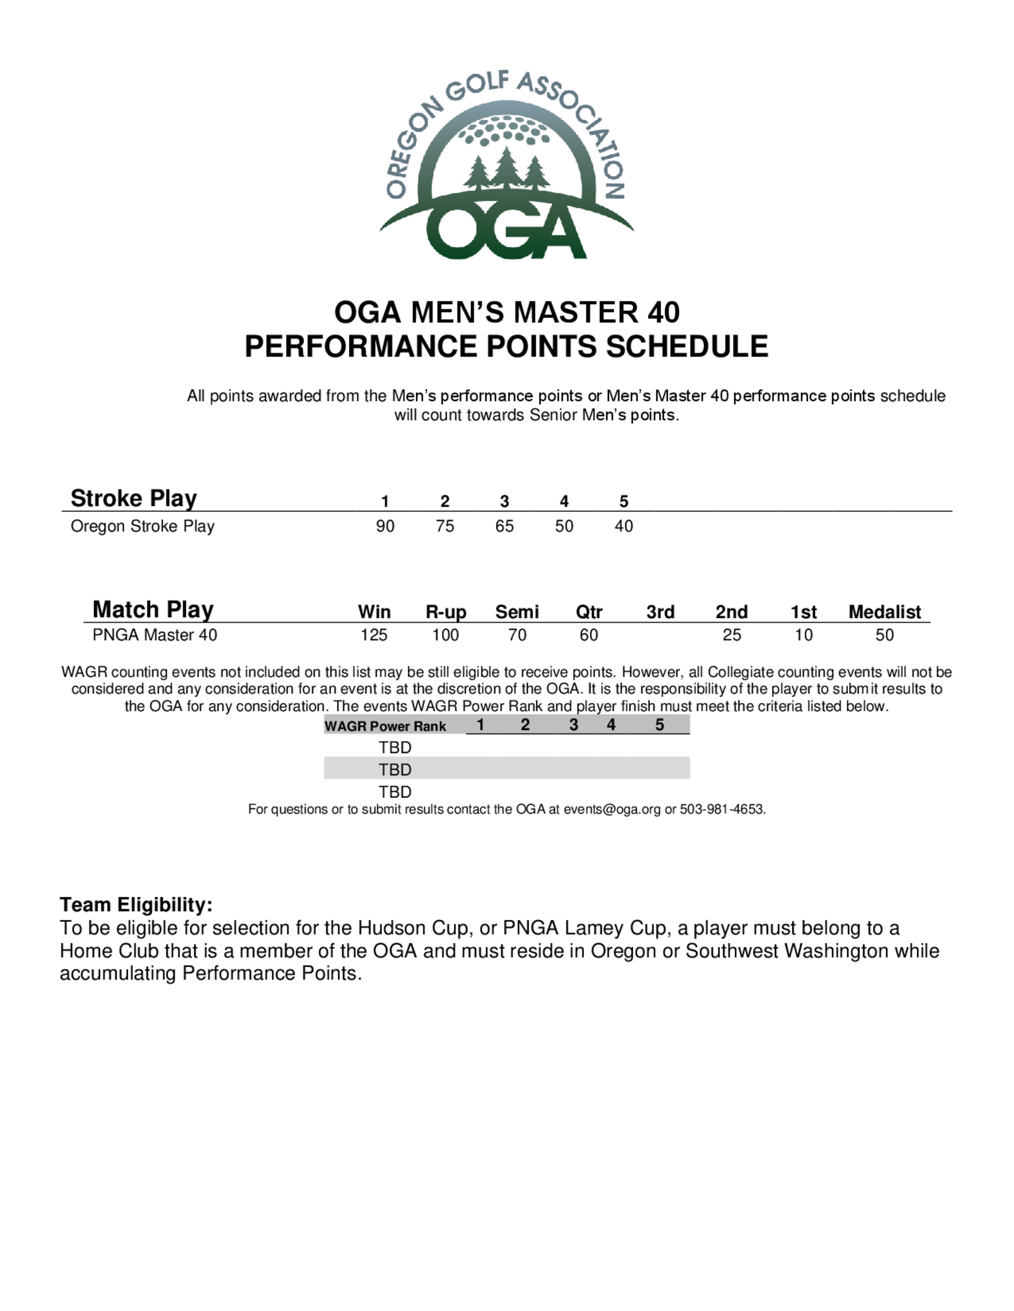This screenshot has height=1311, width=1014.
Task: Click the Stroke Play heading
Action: (x=133, y=498)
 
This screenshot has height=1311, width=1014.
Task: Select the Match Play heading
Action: (x=153, y=609)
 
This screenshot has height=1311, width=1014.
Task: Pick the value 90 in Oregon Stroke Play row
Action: (x=385, y=526)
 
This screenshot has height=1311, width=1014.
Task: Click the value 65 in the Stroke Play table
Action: (x=504, y=526)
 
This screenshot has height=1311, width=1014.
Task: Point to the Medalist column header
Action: (x=884, y=612)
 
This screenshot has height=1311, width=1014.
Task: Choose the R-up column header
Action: (x=446, y=612)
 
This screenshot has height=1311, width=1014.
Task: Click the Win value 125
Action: (x=374, y=635)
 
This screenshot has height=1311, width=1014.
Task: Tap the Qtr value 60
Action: (x=589, y=635)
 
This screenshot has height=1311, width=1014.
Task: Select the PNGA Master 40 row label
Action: (x=155, y=635)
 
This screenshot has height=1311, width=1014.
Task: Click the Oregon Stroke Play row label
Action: (x=142, y=526)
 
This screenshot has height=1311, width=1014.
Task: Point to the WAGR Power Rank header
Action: (x=385, y=726)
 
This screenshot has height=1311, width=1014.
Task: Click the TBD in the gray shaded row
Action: (x=394, y=769)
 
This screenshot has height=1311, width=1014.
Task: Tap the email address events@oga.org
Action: (x=611, y=809)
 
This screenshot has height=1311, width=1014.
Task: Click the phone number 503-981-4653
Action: (x=721, y=809)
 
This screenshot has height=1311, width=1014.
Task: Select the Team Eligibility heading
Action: (x=136, y=905)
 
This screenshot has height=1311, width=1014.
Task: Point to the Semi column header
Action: (x=517, y=612)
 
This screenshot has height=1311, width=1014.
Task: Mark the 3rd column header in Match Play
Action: (x=660, y=612)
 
